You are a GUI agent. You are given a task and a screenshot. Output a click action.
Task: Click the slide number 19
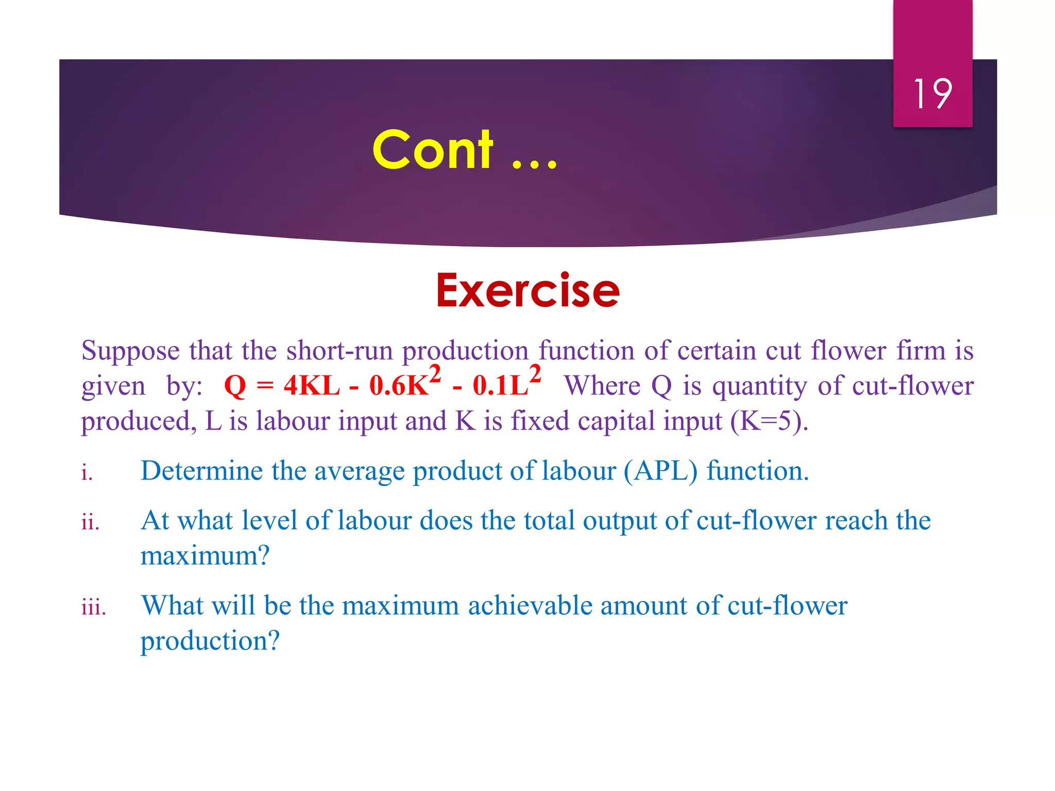click(932, 94)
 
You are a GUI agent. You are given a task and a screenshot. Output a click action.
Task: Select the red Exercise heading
click(527, 291)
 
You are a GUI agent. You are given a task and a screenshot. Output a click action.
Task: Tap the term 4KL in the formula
click(312, 385)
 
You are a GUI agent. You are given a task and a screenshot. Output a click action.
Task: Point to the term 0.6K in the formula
click(399, 385)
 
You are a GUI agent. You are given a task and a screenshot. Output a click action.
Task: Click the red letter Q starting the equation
click(235, 385)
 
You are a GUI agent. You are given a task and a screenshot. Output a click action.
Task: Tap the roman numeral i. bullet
click(87, 472)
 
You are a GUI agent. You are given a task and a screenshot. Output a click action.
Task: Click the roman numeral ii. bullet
click(90, 522)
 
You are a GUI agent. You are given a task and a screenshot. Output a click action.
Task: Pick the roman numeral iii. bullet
click(94, 607)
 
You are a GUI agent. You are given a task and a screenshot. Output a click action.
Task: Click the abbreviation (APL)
click(661, 471)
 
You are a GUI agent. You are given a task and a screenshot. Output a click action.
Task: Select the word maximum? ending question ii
click(205, 555)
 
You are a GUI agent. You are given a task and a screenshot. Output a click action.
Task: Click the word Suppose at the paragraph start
click(130, 351)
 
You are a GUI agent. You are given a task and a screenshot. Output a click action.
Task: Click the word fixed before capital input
click(539, 421)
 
